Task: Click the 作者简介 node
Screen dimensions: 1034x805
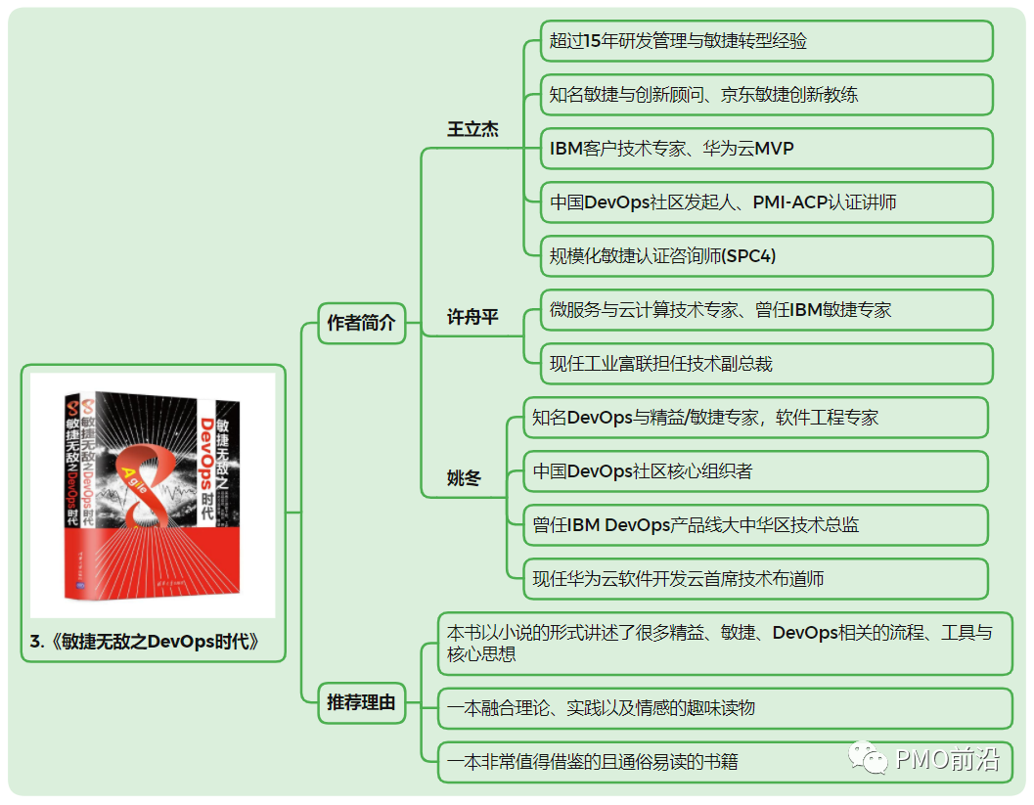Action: coord(361,323)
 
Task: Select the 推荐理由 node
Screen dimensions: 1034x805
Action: coord(361,701)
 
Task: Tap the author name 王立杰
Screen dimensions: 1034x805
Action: coord(472,130)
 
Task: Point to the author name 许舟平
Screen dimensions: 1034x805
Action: coord(472,318)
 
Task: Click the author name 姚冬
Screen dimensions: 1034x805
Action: coord(465,478)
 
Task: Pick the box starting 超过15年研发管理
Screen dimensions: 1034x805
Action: coord(766,41)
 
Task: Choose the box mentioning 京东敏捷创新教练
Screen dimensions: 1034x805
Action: coord(766,95)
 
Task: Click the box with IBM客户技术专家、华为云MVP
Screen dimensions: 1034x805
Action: coord(766,149)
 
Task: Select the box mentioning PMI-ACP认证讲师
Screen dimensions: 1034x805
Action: coord(766,202)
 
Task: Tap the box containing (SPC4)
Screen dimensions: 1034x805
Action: coord(766,256)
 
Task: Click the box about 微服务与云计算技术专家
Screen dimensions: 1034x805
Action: coord(766,310)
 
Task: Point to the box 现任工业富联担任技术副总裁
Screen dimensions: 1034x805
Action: coord(766,364)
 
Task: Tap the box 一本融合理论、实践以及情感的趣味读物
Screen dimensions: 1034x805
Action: coord(724,708)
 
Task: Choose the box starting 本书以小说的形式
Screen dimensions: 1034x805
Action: coord(724,644)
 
